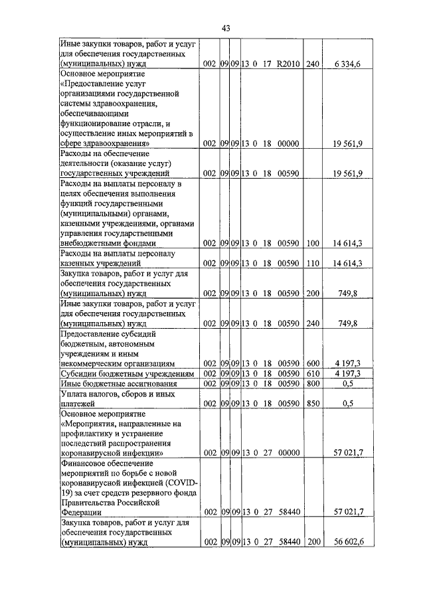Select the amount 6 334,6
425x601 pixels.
pos(349,64)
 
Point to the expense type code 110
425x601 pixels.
pos(313,263)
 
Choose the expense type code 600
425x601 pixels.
pos(313,363)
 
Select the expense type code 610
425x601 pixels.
pos(313,373)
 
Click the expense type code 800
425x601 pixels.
pos(313,383)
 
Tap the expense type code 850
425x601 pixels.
pos(313,403)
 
